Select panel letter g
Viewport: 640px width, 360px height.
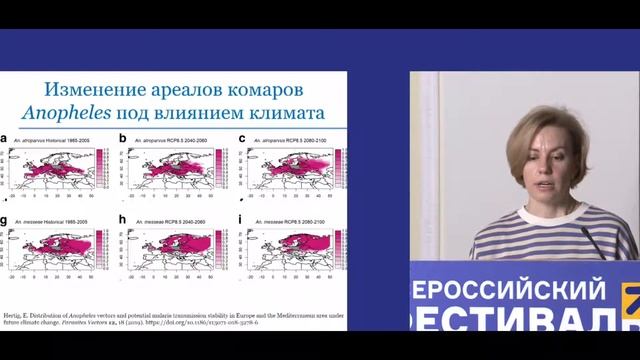click(6, 219)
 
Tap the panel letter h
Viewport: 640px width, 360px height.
click(123, 219)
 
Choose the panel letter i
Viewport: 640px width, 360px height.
click(241, 219)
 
